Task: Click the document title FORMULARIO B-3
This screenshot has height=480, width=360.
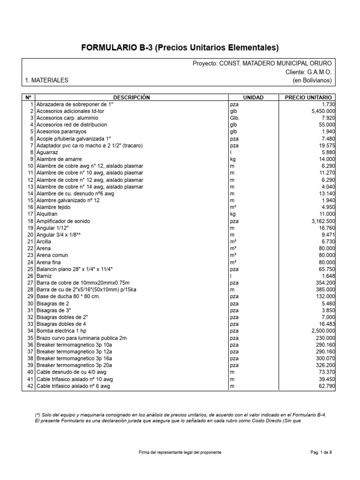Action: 180,47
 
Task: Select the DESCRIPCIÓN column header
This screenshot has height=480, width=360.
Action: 131,97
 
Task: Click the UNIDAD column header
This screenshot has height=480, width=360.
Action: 253,97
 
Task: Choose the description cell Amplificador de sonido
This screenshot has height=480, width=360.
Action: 63,221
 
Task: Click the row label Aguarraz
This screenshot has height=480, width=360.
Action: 48,152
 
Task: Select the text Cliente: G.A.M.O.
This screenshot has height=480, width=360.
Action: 308,72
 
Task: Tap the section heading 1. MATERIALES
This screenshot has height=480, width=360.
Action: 46,80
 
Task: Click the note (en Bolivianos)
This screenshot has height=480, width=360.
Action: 312,80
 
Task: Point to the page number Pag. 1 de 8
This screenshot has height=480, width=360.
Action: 321,452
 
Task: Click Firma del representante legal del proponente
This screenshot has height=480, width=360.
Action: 180,452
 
